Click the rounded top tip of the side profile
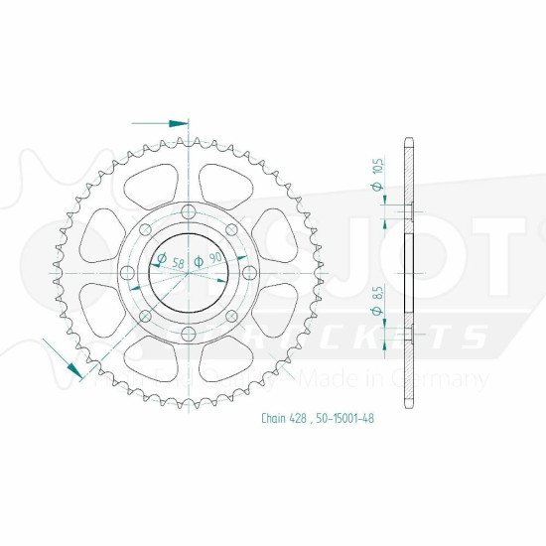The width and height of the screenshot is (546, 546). (408, 138)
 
